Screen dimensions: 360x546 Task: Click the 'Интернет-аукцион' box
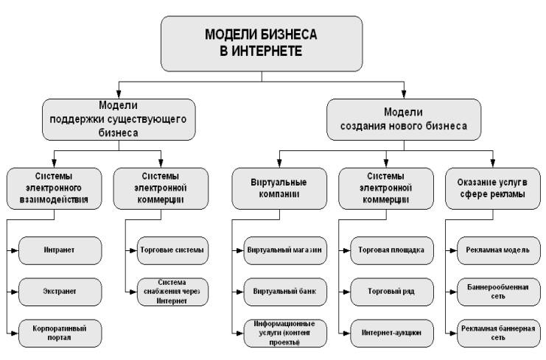[x=392, y=331]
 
